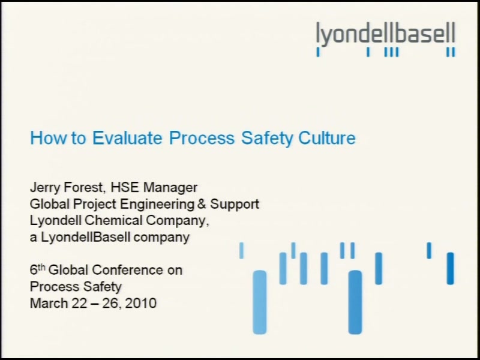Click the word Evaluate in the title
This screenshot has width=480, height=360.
pyautogui.click(x=127, y=138)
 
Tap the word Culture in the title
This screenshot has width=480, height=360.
pyautogui.click(x=327, y=138)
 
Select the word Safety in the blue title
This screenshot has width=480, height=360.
pyautogui.click(x=267, y=139)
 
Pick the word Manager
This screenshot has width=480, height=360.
pyautogui.click(x=170, y=188)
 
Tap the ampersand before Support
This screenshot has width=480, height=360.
pyautogui.click(x=202, y=204)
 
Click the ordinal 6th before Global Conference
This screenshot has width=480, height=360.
pyautogui.click(x=37, y=269)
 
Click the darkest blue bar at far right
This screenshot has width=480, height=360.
pyautogui.click(x=450, y=268)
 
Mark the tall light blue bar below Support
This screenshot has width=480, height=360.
pyautogui.click(x=260, y=302)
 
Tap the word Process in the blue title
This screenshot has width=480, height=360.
pyautogui.click(x=202, y=138)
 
